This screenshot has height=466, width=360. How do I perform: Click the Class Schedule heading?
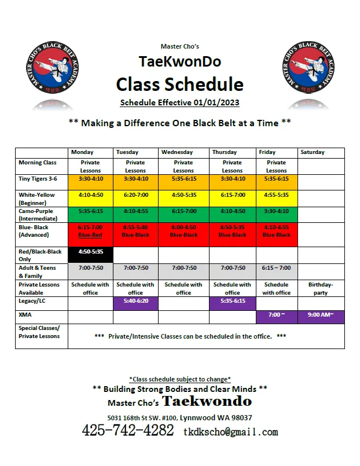(x=179, y=85)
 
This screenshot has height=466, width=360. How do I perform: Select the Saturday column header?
(x=313, y=152)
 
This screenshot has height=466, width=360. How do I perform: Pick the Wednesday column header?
(x=177, y=152)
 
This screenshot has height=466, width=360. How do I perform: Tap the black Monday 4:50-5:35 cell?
(x=90, y=252)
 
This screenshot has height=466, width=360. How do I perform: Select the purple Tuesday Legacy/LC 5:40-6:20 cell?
(x=135, y=302)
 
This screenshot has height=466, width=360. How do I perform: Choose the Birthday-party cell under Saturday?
(x=321, y=288)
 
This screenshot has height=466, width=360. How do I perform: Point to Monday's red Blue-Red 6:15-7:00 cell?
(x=90, y=231)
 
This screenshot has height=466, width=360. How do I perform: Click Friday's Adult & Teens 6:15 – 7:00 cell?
(x=276, y=268)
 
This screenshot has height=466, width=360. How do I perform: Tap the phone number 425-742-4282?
(x=128, y=430)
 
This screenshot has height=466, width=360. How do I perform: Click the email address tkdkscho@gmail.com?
(x=230, y=432)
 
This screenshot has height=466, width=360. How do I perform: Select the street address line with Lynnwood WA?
(x=179, y=417)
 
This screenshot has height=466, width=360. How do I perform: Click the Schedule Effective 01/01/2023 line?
(x=179, y=102)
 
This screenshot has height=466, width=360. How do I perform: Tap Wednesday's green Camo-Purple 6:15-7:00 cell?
(x=183, y=212)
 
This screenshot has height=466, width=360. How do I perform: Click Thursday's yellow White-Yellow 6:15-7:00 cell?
(x=232, y=195)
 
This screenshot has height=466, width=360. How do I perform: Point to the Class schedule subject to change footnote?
(x=179, y=379)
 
